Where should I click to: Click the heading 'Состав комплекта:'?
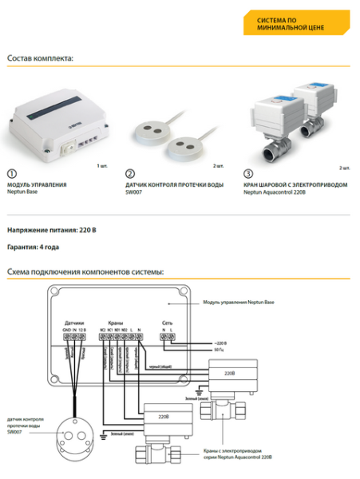coord(40,58)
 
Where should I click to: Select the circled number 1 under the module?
coord(11,173)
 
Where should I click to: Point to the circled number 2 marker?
coord(130,173)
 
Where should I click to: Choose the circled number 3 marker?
coord(248,173)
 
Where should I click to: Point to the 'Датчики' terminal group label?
coord(74,323)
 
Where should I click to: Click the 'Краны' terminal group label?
coord(116,323)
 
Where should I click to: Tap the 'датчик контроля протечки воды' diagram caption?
coord(23,424)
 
